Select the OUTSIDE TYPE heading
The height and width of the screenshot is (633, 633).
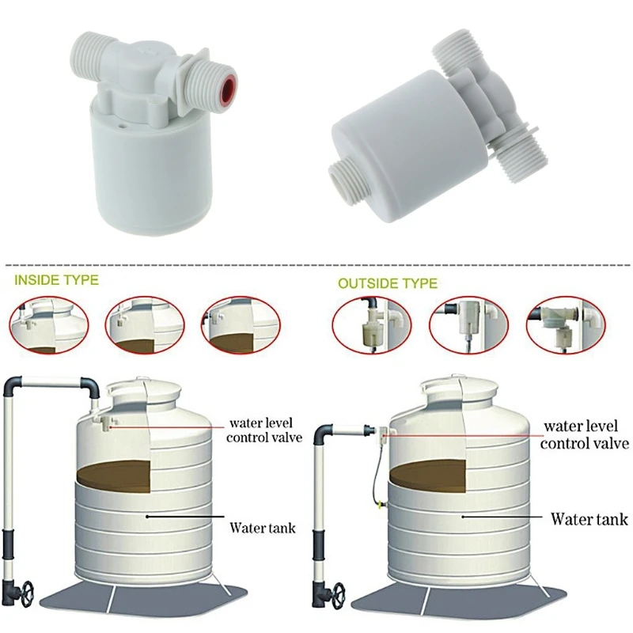point(388,282)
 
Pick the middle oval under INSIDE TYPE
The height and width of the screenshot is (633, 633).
point(145,325)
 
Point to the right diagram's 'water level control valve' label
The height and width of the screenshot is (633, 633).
point(585,434)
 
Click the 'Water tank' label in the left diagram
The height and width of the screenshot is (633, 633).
point(263,527)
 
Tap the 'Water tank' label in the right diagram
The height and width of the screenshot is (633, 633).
point(589,520)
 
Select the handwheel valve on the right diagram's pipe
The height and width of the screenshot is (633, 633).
point(337,593)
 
